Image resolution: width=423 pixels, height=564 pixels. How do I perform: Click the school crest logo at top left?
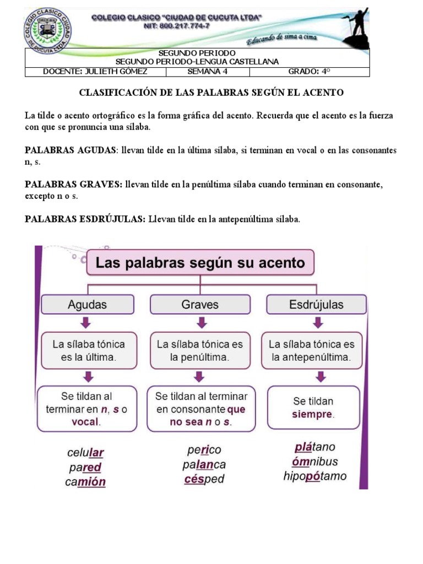pos(48,29)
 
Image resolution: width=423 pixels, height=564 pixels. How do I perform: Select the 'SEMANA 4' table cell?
pos(207,72)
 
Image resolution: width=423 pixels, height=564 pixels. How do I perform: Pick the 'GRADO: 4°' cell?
pos(310,72)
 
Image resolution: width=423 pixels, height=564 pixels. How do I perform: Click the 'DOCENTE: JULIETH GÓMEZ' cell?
pos(95,72)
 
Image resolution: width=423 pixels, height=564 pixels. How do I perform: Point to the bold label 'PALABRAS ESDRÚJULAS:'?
pos(85,219)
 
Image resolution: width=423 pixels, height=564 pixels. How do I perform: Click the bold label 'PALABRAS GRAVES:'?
pos(74,185)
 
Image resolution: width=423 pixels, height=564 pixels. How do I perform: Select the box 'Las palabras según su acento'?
pos(200,263)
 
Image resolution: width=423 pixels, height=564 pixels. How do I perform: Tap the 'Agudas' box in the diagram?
pos(88,304)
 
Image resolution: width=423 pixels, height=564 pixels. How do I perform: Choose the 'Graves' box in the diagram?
pos(200,304)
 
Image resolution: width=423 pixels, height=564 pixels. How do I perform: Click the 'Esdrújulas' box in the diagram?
pos(316,304)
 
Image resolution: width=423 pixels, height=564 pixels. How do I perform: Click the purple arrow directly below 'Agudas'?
pos(88,323)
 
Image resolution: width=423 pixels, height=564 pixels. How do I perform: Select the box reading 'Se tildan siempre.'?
pos(313,408)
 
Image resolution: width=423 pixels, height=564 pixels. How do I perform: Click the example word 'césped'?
pos(204,479)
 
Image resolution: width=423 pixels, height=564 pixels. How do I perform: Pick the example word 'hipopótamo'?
pos(315,476)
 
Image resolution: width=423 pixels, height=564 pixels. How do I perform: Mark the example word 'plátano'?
pos(315,447)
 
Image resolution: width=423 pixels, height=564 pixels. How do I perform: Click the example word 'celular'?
pos(85,453)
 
